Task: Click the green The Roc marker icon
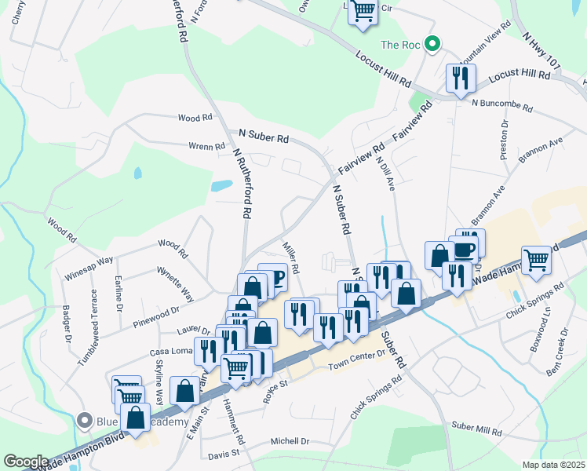(431, 45)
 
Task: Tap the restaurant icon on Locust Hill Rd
(459, 78)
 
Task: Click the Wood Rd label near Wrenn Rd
(195, 118)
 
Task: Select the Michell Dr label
(290, 442)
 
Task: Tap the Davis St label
(224, 454)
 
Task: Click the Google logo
(26, 461)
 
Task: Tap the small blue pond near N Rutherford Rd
(222, 186)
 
